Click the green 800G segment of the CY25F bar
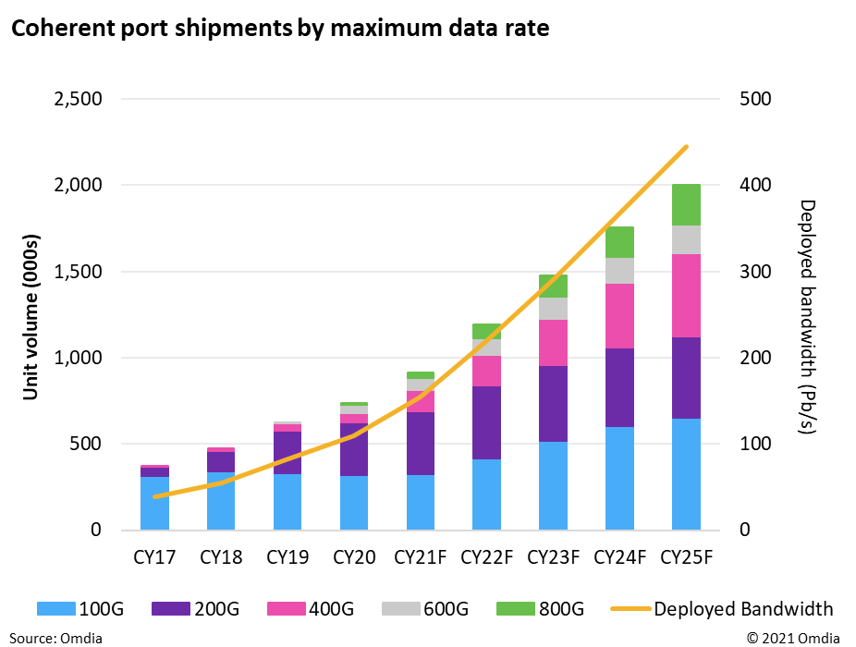click(686, 204)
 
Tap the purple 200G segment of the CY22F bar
click(486, 422)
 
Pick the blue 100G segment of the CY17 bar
click(154, 503)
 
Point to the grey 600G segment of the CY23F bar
click(554, 309)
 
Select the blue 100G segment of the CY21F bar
click(420, 502)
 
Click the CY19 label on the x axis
click(287, 557)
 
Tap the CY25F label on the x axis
click(686, 557)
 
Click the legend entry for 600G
click(427, 608)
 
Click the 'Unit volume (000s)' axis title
click(31, 314)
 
